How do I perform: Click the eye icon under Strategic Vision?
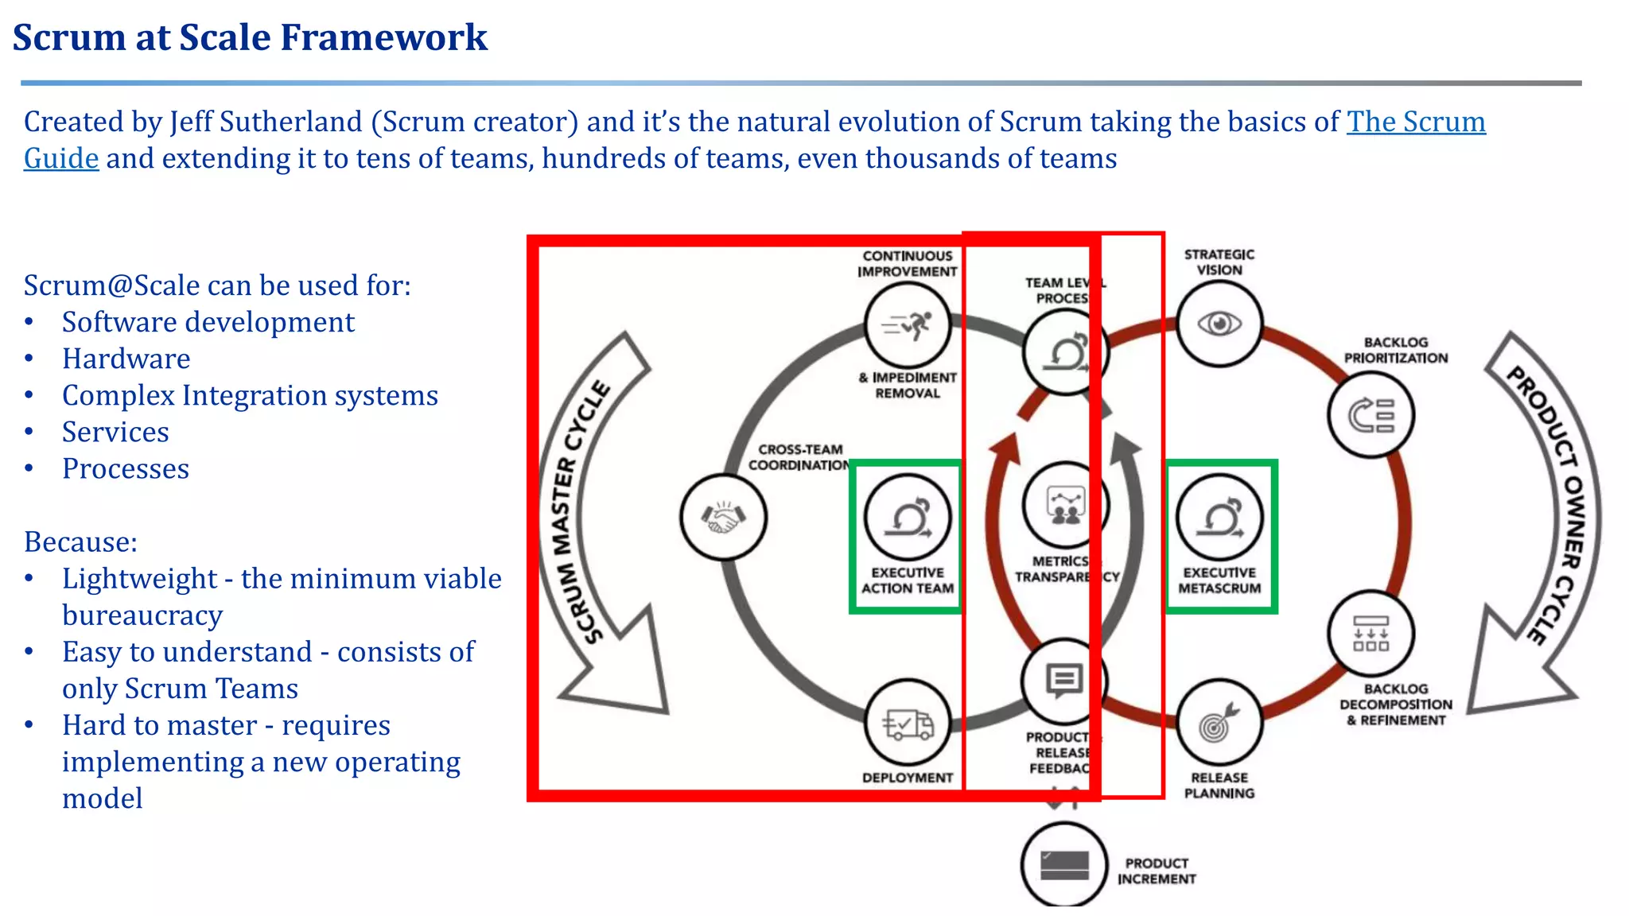pos(1219,324)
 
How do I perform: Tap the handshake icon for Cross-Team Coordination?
pos(723,518)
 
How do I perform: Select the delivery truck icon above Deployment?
pos(908,724)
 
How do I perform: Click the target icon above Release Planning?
pos(1219,723)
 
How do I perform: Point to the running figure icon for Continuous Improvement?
pos(908,325)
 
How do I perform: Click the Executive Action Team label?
pos(908,580)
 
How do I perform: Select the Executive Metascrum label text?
pos(1219,580)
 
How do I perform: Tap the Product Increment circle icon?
pos(1064,865)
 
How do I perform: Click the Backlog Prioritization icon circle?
pos(1370,415)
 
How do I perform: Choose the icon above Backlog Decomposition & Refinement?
pos(1370,634)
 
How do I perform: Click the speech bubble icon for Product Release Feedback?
pos(1063,681)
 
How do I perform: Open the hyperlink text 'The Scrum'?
pos(1416,122)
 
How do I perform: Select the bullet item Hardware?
pos(126,359)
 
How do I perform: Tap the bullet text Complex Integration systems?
pos(250,395)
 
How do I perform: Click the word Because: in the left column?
pos(80,541)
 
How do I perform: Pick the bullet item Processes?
pos(126,468)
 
